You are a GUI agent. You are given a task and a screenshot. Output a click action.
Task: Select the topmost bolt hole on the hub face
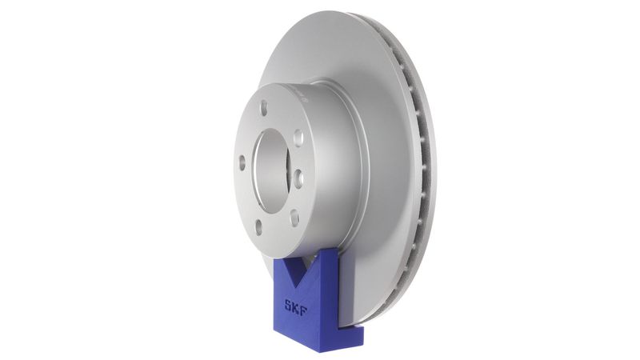tap(263, 106)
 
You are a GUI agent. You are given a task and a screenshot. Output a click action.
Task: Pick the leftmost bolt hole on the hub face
tap(242, 162)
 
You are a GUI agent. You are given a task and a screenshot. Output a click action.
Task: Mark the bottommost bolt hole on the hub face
tap(258, 227)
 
